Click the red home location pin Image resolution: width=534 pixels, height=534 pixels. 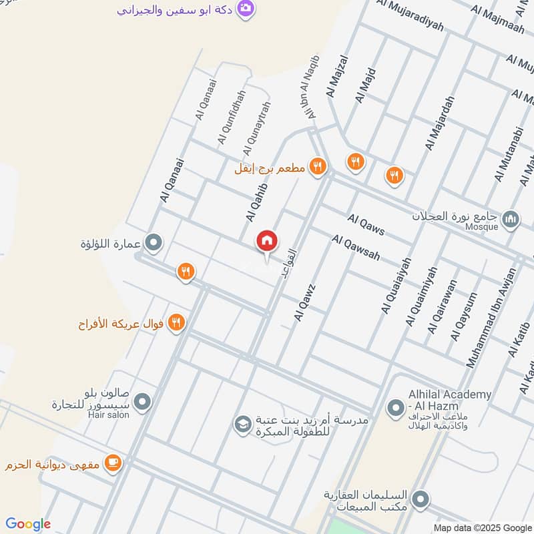[x=266, y=242]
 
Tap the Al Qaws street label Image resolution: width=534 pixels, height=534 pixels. [x=366, y=224]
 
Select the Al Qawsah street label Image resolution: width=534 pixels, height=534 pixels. [x=356, y=248]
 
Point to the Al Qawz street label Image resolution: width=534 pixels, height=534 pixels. [x=304, y=302]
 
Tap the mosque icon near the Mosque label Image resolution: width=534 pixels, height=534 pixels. [x=511, y=218]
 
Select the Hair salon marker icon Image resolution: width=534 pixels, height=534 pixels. [x=142, y=402]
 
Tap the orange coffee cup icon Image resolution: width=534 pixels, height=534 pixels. [x=113, y=463]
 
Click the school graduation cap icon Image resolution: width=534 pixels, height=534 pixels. [x=242, y=423]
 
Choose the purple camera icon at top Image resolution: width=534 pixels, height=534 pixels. [x=246, y=9]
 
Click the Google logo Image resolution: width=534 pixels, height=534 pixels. [x=29, y=524]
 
